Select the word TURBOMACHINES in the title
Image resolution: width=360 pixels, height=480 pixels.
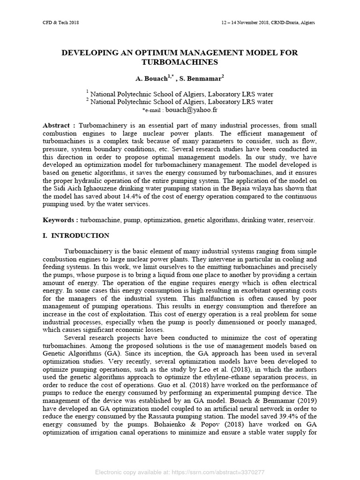(180, 62)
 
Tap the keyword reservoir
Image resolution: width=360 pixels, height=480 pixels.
(301, 219)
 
